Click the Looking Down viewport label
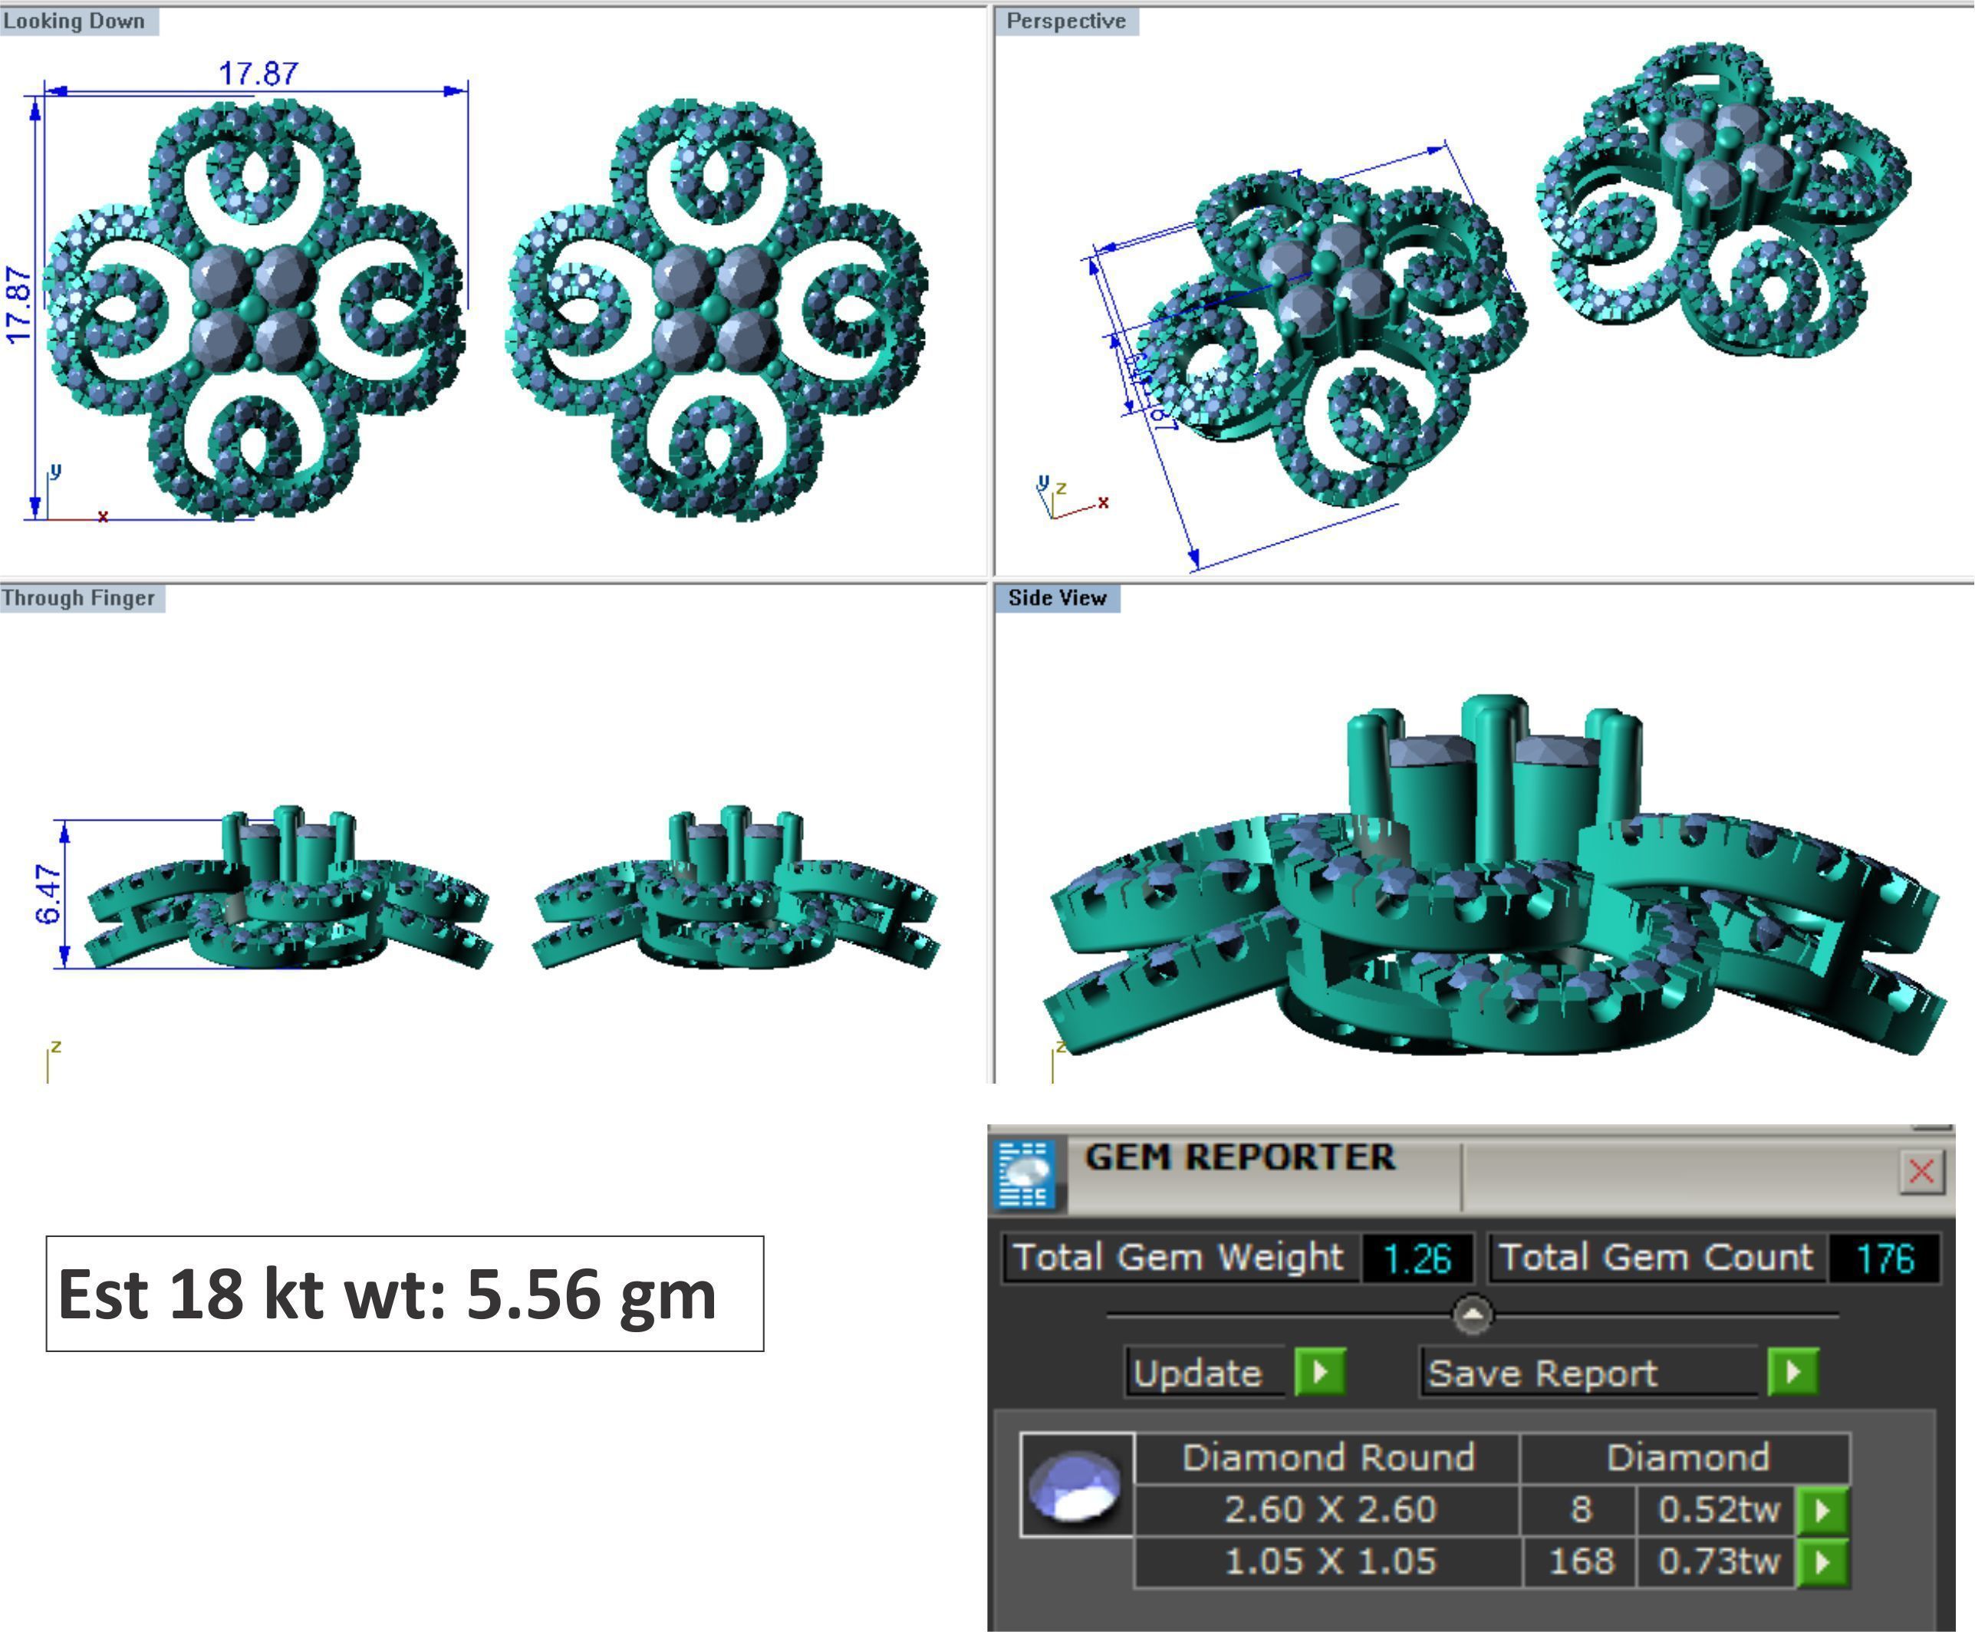click(x=75, y=21)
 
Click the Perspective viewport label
click(x=1065, y=21)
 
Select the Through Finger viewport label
click(x=79, y=598)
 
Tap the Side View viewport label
click(x=1057, y=598)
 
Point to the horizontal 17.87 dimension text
click(x=258, y=74)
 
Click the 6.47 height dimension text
click(x=49, y=894)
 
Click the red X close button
click(x=1921, y=1171)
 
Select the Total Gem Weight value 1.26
click(x=1417, y=1258)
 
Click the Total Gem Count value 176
click(x=1884, y=1258)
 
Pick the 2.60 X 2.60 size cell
click(x=1329, y=1509)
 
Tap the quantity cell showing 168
click(x=1581, y=1561)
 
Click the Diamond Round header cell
click(x=1328, y=1457)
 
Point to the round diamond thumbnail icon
click(x=1075, y=1486)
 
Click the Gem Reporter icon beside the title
click(x=1025, y=1173)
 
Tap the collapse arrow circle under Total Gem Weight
click(x=1472, y=1314)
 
